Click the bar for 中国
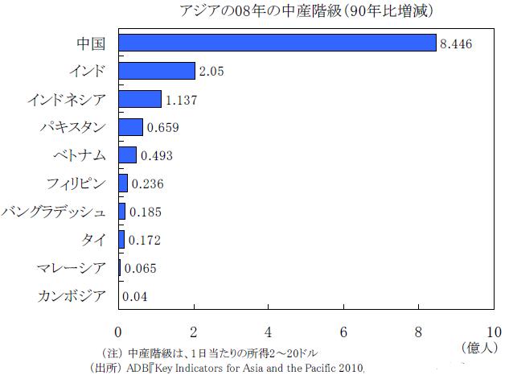[277, 43]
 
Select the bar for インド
[157, 71]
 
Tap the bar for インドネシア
[140, 99]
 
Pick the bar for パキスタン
[130, 127]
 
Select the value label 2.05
[212, 72]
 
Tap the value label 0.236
[148, 184]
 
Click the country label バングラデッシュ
[54, 212]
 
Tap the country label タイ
[93, 240]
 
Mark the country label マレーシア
[72, 268]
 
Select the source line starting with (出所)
[228, 368]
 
